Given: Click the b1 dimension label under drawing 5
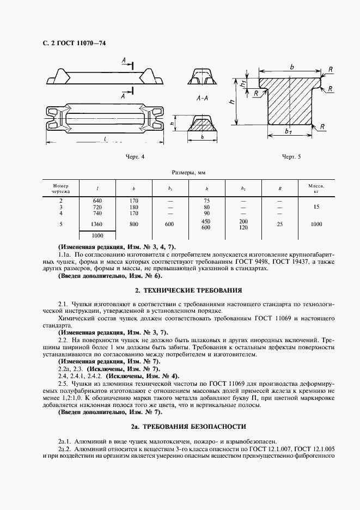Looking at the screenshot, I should click(288, 132).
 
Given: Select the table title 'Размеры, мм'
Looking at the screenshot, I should click(188, 173).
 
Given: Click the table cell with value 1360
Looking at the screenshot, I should click(97, 224).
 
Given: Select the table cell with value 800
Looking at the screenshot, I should click(134, 224).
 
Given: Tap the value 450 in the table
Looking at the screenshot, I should click(206, 221).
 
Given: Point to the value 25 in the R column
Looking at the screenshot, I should click(279, 224).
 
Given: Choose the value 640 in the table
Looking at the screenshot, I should click(97, 201).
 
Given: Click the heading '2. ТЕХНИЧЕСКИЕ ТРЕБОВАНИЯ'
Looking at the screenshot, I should click(188, 290).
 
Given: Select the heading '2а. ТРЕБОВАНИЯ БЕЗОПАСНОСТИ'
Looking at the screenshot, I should click(188, 426).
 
